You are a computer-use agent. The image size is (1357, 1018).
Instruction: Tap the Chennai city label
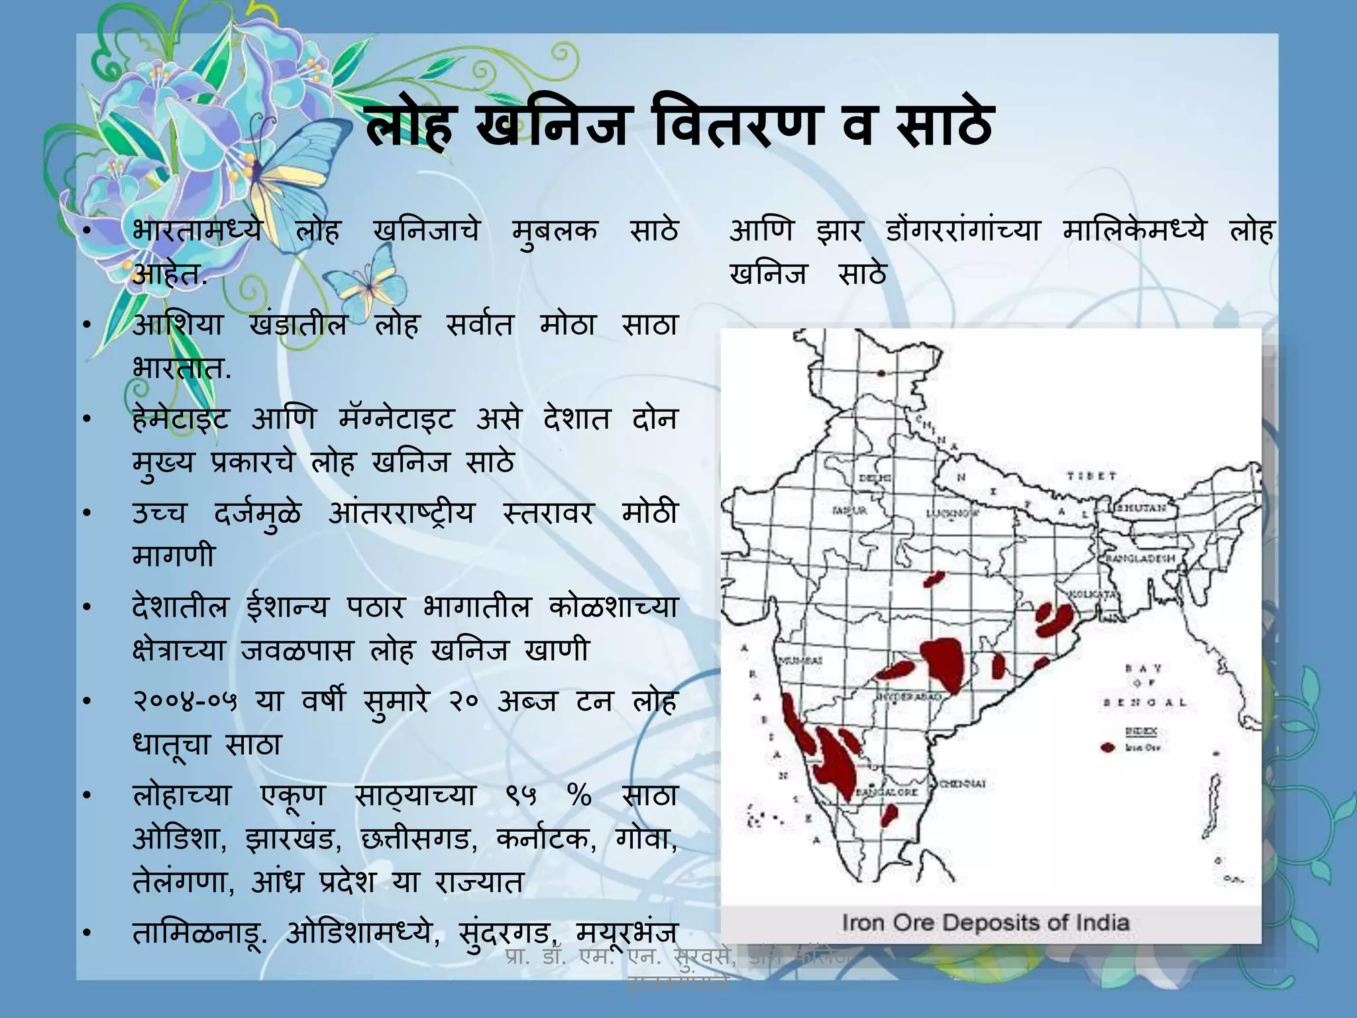click(963, 784)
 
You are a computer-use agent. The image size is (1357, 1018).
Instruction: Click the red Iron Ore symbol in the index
click(1108, 748)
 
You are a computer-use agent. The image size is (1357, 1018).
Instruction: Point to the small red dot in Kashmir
click(881, 373)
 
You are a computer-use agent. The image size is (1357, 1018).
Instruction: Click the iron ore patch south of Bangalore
click(889, 815)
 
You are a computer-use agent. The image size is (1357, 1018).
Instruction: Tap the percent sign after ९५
click(580, 795)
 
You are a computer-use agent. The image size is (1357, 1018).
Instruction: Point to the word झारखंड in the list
click(293, 839)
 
